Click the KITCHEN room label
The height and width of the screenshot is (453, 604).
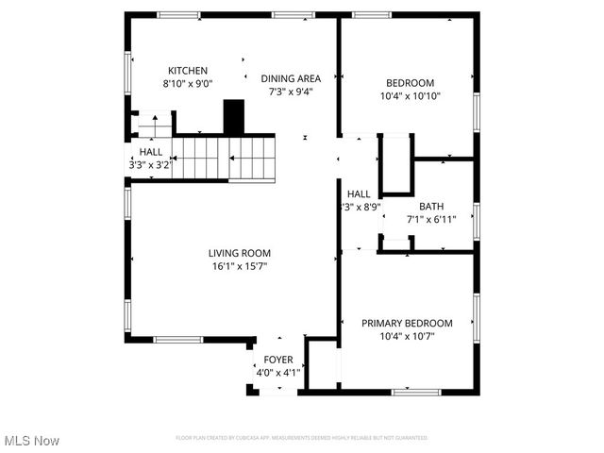[x=188, y=71]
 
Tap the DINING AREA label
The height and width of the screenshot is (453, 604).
[x=291, y=78]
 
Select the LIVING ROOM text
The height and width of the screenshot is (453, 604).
[x=240, y=253]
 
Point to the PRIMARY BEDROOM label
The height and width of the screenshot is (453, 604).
[x=407, y=323]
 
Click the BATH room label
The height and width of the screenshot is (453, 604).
[x=431, y=207]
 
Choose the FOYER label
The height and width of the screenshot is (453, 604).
[x=277, y=360]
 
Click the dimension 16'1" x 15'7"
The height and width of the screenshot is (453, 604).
[x=240, y=266]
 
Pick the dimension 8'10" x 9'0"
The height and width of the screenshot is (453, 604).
[x=188, y=84]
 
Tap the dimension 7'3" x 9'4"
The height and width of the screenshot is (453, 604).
[x=291, y=92]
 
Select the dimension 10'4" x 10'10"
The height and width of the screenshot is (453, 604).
[x=411, y=95]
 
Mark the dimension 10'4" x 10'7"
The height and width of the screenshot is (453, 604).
[x=407, y=336]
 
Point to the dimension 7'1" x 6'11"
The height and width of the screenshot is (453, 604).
[x=431, y=220]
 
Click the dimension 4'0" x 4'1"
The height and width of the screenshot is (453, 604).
[x=277, y=373]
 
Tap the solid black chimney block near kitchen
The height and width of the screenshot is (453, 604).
[x=232, y=118]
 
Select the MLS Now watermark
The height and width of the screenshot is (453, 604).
[x=32, y=441]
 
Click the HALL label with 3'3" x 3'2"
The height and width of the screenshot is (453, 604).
[x=151, y=152]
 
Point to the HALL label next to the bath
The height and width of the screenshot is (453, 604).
[x=358, y=193]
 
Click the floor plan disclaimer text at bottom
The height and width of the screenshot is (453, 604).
[x=302, y=438]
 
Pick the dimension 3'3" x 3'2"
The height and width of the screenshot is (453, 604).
[x=151, y=165]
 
